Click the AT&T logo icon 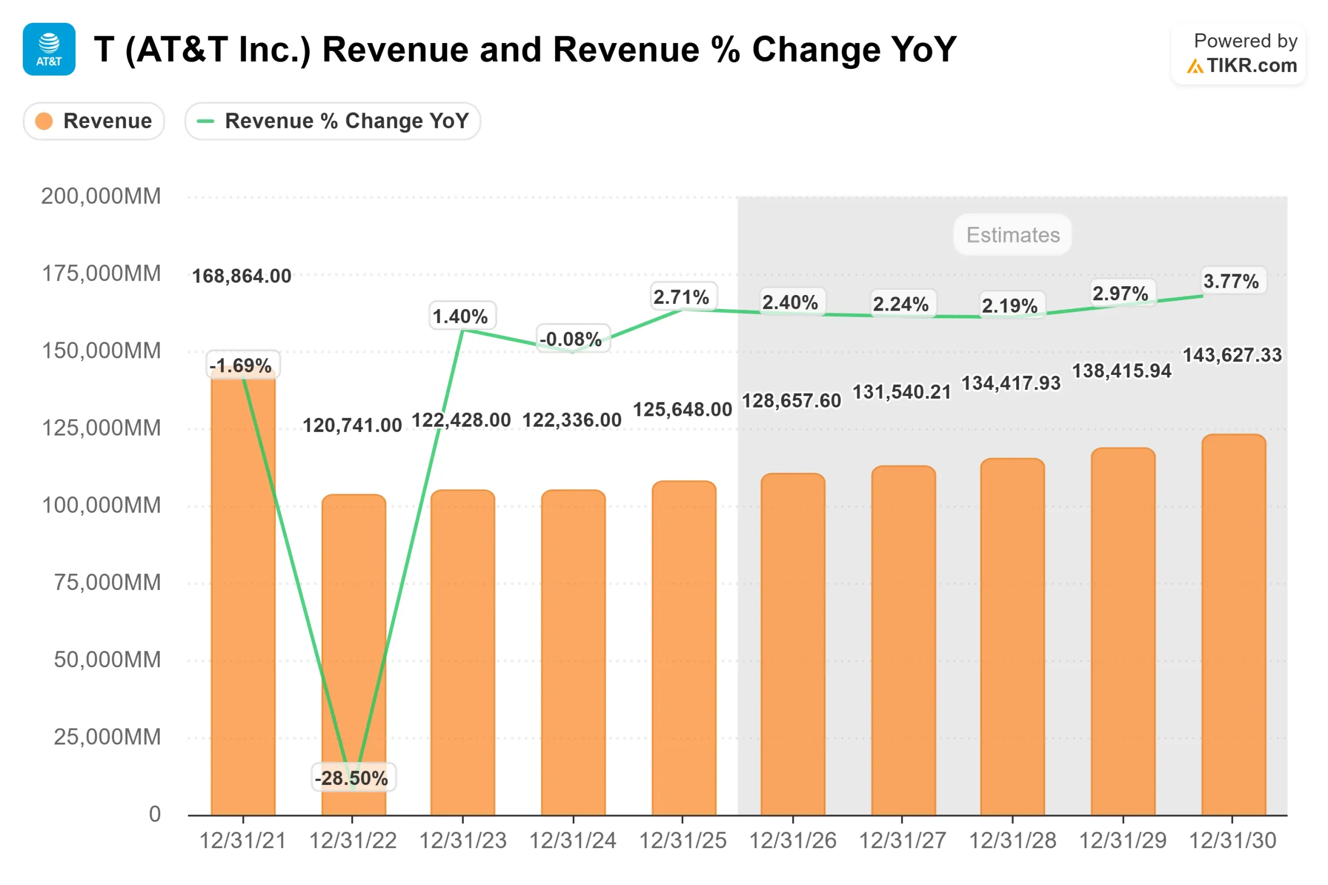click(x=49, y=49)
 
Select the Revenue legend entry click(x=94, y=121)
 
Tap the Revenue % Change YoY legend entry click(x=333, y=121)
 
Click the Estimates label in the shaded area click(x=1013, y=235)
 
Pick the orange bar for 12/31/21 click(x=243, y=593)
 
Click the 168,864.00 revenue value click(x=242, y=276)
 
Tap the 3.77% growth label click(x=1232, y=281)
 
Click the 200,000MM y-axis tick click(x=101, y=196)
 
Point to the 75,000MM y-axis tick click(x=107, y=582)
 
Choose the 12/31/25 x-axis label click(x=683, y=841)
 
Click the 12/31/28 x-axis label click(x=1013, y=841)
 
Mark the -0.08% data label click(x=571, y=339)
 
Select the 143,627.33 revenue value click(x=1233, y=355)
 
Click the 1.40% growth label click(x=461, y=316)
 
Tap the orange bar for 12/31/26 click(x=793, y=643)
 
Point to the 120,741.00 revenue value click(x=352, y=425)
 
